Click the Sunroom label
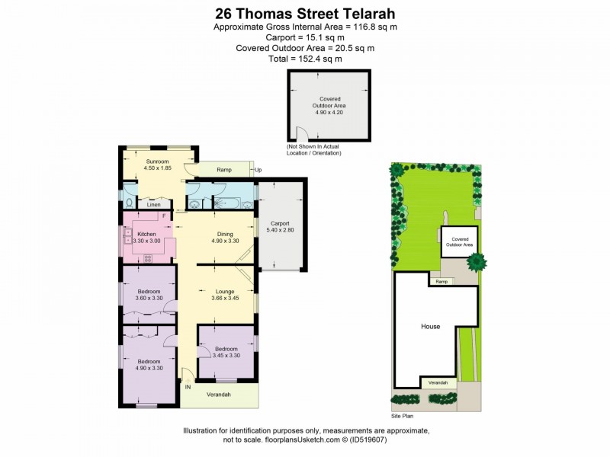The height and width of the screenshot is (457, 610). point(156,162)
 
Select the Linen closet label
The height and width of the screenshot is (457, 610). point(154,205)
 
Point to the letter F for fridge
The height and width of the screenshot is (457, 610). point(162,216)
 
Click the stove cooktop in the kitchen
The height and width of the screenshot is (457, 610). point(147,257)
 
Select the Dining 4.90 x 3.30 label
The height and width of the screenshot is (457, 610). point(225,238)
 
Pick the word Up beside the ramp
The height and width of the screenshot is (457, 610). point(258,170)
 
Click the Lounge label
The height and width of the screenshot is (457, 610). point(224,291)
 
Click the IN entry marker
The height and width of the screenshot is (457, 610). point(188,387)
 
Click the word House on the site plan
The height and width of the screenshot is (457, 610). point(431,326)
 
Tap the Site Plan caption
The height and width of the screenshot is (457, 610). point(402,417)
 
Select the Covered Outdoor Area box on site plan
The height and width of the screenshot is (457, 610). point(457,241)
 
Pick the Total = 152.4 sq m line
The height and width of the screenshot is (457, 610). point(304,59)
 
